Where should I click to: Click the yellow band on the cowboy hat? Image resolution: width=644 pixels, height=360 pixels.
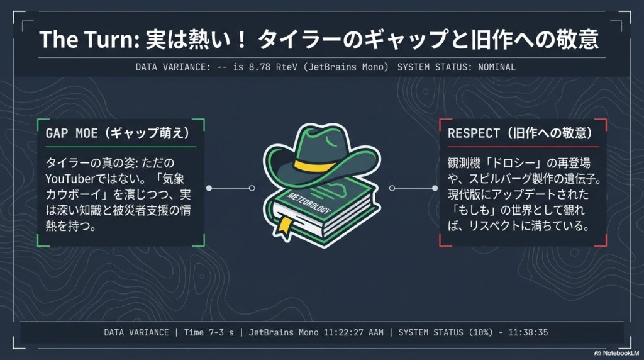[x=315, y=165]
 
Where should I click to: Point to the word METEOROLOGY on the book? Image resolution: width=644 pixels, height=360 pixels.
[x=309, y=203]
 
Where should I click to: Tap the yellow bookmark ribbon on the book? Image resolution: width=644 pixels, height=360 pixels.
[x=285, y=227]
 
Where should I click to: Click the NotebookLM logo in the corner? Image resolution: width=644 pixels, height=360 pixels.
[x=616, y=353]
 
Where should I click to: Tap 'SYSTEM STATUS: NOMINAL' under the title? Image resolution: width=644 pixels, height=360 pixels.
[x=457, y=67]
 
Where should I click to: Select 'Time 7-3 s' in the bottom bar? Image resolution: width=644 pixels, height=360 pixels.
[x=209, y=332]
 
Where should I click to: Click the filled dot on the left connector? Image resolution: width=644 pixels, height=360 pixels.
[x=209, y=188]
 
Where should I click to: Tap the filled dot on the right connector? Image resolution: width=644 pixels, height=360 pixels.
[x=435, y=188]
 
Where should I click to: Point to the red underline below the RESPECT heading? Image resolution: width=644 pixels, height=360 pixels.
[x=523, y=146]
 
